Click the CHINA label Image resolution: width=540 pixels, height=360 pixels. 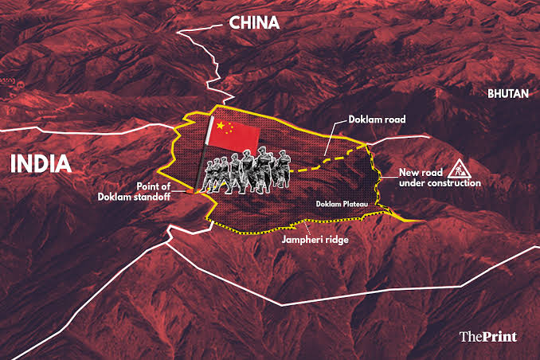[x=254, y=23]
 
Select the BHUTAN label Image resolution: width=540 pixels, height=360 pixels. [x=508, y=93]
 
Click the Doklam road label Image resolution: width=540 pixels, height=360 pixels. [x=378, y=119]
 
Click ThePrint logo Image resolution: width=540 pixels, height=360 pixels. [x=488, y=336]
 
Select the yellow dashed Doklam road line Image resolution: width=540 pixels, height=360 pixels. [x=327, y=168]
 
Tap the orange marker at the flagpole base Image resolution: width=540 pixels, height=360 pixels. [x=196, y=192]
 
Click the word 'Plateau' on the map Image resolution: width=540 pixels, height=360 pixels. [x=356, y=205]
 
